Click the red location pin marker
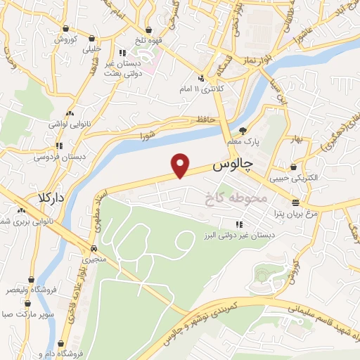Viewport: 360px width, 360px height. [181, 165]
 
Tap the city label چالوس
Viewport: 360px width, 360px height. [232, 168]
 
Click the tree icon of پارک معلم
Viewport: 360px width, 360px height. [243, 130]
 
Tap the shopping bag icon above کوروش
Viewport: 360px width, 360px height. [65, 29]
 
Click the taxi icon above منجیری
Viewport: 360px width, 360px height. [94, 248]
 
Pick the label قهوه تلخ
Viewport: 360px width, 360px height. [150, 40]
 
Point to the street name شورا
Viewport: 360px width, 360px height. [146, 134]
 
